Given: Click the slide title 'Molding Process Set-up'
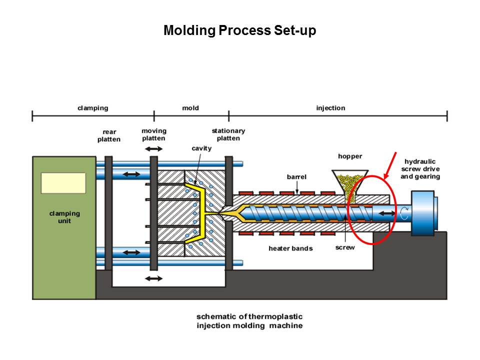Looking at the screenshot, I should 239,31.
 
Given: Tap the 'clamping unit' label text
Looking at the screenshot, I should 64,217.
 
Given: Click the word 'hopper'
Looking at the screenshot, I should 349,156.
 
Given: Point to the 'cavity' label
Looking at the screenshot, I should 201,148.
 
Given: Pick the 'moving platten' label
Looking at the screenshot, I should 153,134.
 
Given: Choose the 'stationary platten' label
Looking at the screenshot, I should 228,134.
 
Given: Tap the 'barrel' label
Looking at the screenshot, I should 296,177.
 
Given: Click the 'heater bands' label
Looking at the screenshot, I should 290,248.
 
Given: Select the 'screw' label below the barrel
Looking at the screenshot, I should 345,248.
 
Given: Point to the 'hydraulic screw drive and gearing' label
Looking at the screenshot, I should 420,169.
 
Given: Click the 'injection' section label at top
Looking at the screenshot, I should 330,108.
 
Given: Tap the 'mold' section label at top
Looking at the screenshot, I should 190,108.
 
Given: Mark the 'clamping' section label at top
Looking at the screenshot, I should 92,108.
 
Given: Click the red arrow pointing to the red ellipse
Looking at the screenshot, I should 390,165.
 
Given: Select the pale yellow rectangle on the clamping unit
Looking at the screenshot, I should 63,183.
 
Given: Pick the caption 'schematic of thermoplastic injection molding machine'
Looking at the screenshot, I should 249,321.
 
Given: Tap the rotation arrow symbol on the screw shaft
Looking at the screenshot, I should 403,214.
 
